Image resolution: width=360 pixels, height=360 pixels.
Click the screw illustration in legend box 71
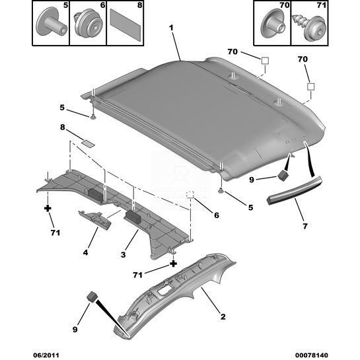(x=308, y=28)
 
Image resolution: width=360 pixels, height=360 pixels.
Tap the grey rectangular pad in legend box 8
(x=126, y=25)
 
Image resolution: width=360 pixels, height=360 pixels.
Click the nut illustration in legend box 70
(x=273, y=24)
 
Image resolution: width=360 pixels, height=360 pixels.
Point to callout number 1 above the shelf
(x=171, y=28)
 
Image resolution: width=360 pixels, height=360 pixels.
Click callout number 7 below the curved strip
(x=305, y=226)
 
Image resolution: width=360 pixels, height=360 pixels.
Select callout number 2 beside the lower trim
(x=223, y=317)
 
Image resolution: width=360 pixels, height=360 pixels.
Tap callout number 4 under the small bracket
(x=85, y=252)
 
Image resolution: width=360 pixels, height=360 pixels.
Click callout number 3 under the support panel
(x=123, y=254)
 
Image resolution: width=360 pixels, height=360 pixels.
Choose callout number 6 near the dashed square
(x=217, y=215)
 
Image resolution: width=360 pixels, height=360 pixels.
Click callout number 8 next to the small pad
(x=63, y=127)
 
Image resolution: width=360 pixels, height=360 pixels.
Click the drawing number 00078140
(x=312, y=355)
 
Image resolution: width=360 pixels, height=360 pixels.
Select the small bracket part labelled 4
(x=94, y=220)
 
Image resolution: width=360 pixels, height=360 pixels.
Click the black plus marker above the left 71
(x=48, y=208)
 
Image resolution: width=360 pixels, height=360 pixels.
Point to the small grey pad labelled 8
(x=88, y=143)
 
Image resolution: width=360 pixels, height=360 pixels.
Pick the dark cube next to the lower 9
(x=92, y=297)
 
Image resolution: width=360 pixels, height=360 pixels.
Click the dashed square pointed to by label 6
(x=190, y=194)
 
